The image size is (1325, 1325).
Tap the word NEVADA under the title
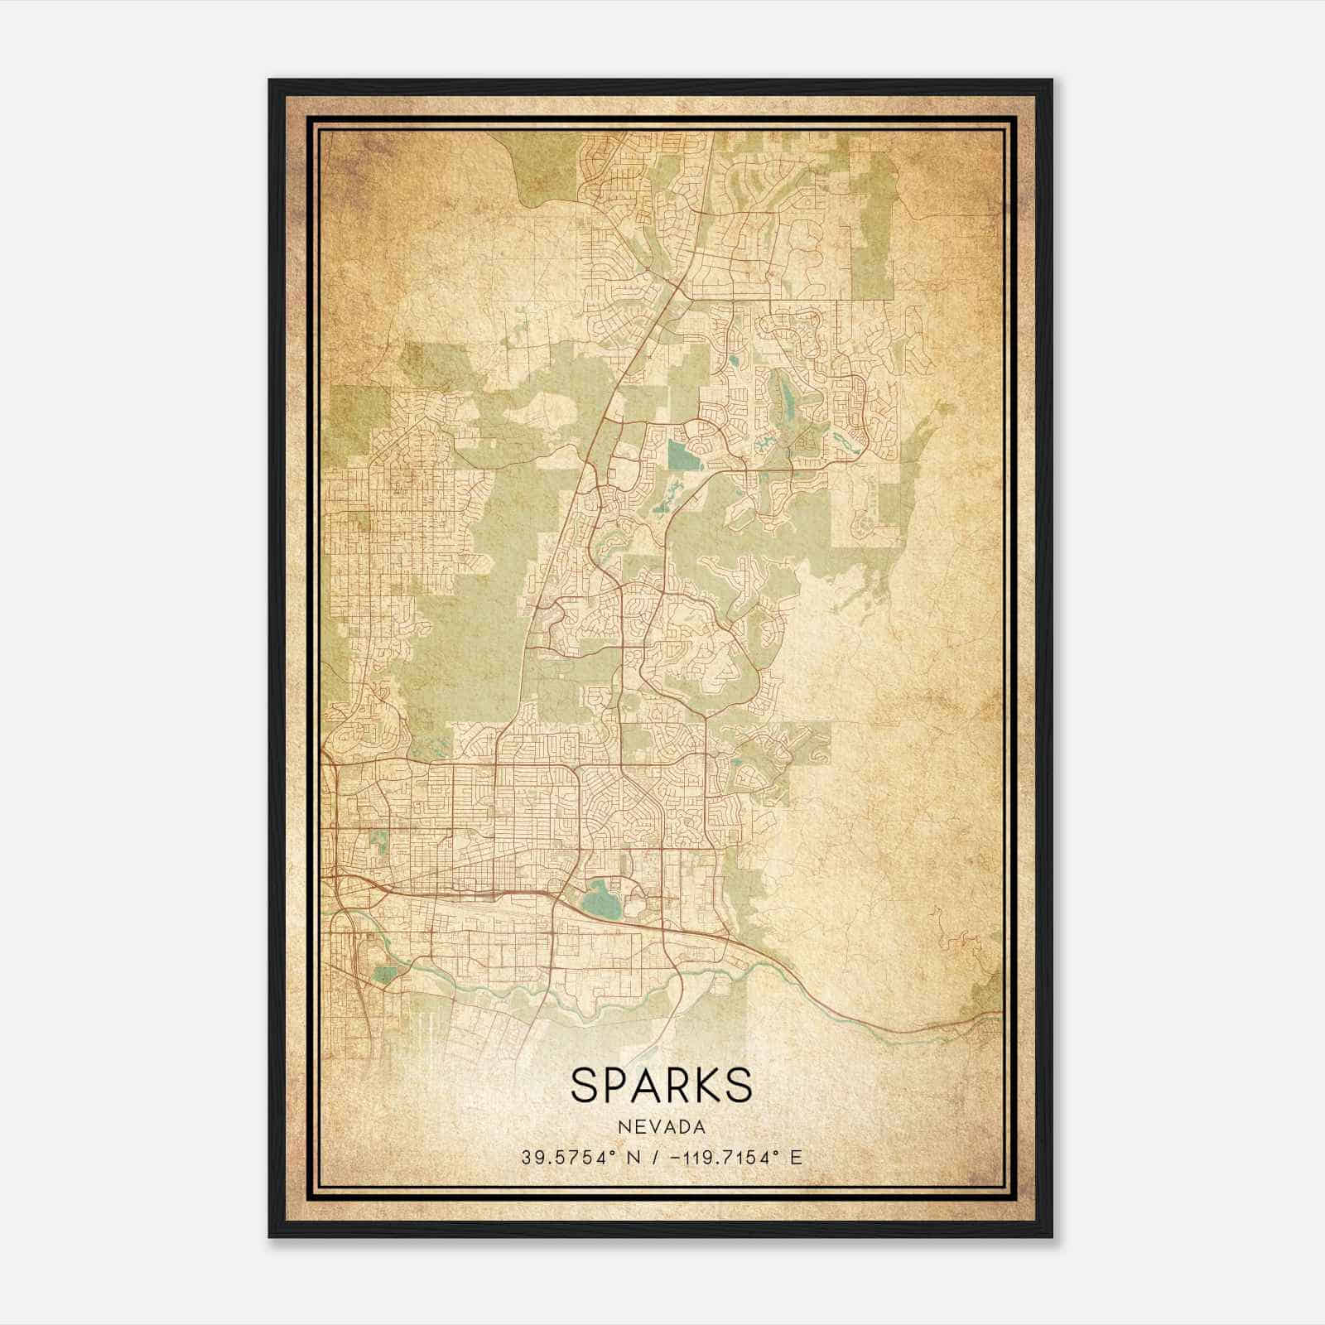click(x=662, y=1128)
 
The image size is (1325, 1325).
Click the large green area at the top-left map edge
click(x=346, y=418)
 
